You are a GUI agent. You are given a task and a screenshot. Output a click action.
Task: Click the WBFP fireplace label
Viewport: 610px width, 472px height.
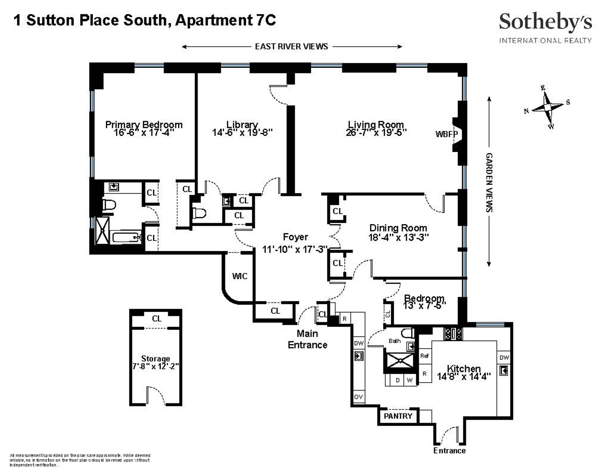[x=446, y=134]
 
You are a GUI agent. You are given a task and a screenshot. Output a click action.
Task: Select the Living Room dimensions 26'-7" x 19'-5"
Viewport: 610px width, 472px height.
[x=376, y=132]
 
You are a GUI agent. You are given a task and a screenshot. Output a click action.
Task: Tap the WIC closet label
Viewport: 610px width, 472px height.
[x=240, y=276]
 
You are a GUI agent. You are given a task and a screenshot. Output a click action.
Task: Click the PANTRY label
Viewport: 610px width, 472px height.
[x=398, y=416]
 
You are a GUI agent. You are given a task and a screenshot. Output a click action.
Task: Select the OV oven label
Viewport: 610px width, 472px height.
[x=359, y=397]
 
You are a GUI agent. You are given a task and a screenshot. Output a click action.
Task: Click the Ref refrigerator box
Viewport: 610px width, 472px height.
[x=425, y=356]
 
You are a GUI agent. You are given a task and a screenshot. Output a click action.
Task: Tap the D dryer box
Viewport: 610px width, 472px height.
[x=398, y=380]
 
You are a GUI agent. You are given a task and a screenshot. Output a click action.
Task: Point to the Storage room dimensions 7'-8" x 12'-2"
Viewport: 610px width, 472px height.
[x=156, y=366]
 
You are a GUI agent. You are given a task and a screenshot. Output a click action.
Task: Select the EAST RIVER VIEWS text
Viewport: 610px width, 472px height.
[x=291, y=46]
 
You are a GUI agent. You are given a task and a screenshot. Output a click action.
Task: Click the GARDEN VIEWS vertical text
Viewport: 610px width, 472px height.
[x=489, y=182]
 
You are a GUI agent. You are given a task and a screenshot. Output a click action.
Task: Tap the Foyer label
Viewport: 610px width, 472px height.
[x=295, y=237]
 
